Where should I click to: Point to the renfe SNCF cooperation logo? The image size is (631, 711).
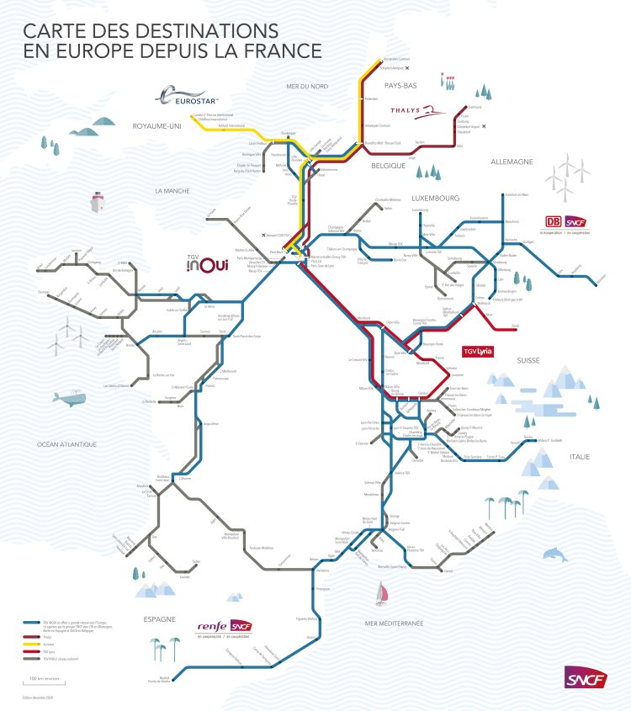tap(223, 627)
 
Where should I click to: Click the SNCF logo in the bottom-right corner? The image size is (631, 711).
tap(586, 678)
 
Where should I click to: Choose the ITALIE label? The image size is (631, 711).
tap(579, 456)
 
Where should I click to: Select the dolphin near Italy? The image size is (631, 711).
tap(555, 554)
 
